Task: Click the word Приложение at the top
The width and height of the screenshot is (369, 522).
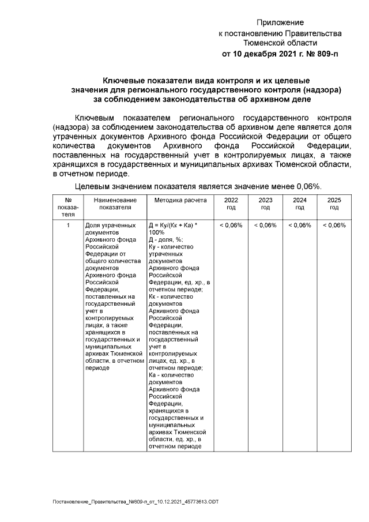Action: (280, 22)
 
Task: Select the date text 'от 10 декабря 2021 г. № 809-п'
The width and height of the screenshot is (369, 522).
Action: (280, 54)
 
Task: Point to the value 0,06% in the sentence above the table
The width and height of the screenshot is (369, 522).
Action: (308, 186)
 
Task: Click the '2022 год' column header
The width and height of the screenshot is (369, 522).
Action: (231, 203)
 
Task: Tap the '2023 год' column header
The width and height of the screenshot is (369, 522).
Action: (265, 203)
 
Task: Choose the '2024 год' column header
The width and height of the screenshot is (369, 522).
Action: (300, 203)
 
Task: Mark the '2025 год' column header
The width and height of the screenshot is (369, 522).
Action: (334, 203)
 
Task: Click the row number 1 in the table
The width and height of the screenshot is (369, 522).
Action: (68, 225)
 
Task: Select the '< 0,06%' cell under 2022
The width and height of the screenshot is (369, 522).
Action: (231, 225)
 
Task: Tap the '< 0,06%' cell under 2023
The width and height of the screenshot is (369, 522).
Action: (265, 225)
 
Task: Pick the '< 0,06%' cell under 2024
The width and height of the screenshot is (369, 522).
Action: (300, 225)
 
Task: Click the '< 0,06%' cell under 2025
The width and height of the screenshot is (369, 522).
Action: (334, 225)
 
